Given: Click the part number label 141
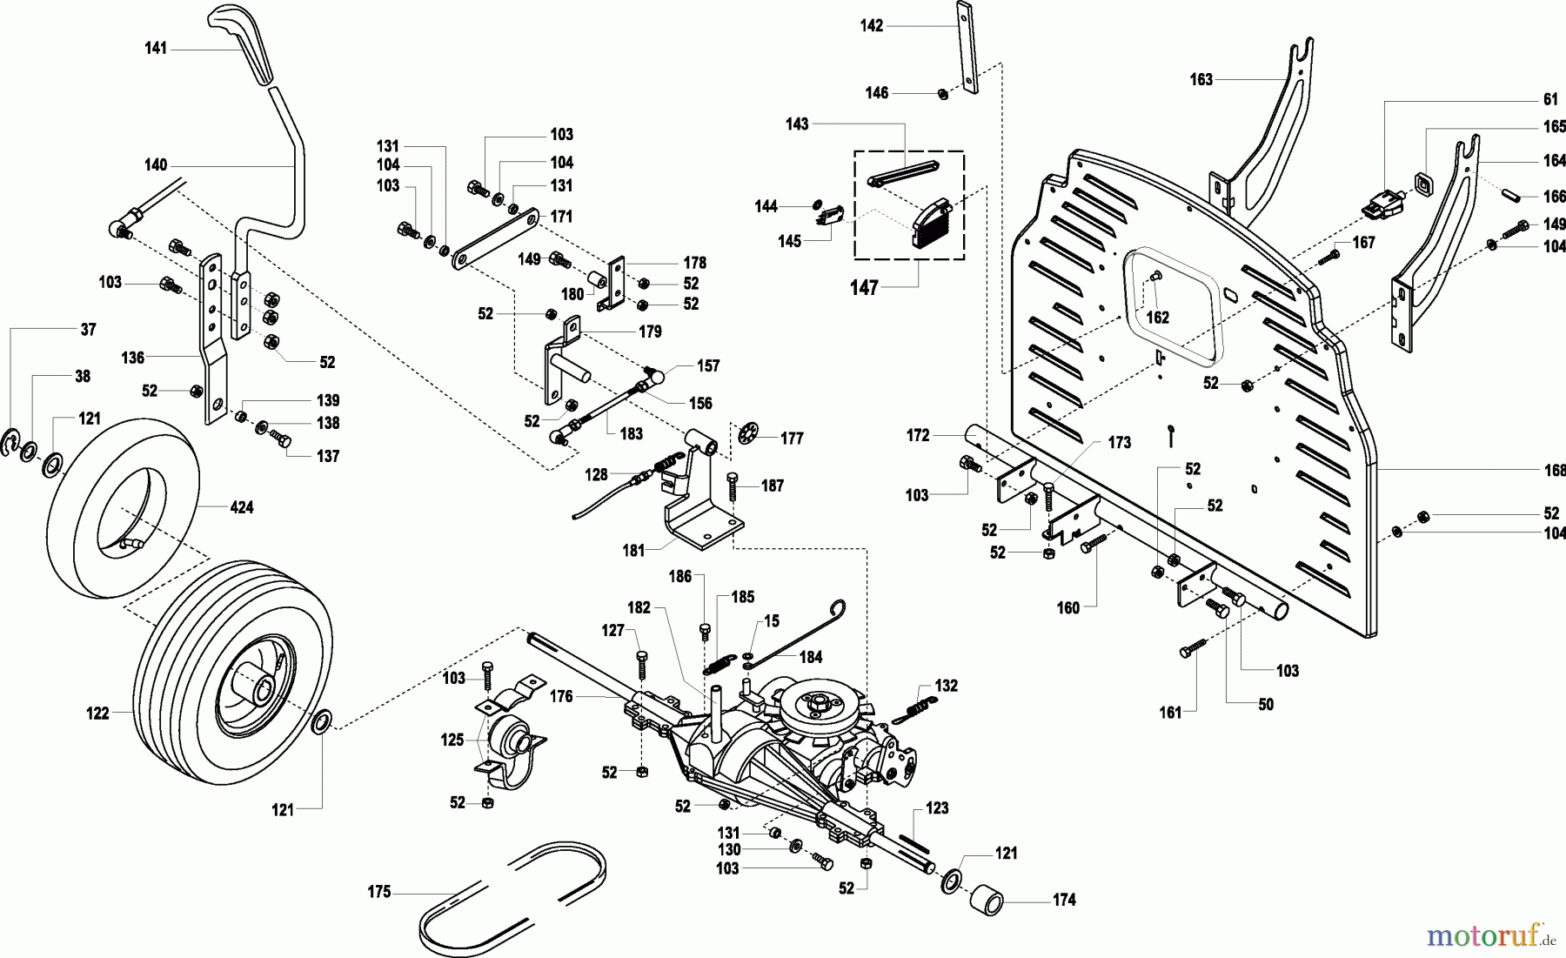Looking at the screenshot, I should point(156,50).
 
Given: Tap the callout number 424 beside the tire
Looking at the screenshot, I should point(241,506).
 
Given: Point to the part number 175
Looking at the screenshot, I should point(380,892).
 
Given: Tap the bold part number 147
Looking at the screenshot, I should point(865,288).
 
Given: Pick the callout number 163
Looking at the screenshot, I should point(1201,80).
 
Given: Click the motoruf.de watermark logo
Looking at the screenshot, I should point(1489,935).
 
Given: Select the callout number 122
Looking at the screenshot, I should point(98,713).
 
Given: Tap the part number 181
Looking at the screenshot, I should point(633,550).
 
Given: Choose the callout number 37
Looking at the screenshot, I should point(88,330).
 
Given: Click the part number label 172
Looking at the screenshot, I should point(918,435).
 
